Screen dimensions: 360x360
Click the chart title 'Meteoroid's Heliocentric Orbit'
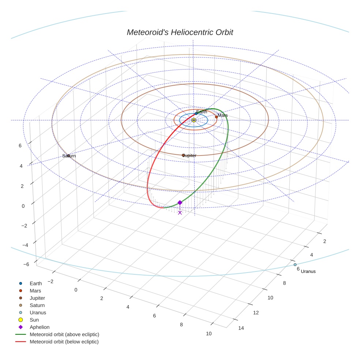180,32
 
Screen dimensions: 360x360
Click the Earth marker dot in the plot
196,114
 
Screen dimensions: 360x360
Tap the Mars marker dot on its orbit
216,117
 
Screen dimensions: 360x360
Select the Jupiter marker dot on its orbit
183,155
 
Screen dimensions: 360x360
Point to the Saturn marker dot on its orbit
68,156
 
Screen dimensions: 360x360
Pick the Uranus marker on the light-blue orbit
295,265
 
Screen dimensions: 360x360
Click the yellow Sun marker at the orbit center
194,120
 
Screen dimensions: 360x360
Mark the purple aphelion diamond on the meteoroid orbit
180,203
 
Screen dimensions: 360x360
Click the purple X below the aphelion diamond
180,213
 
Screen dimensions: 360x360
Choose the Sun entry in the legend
34,320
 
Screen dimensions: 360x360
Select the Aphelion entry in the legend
40,327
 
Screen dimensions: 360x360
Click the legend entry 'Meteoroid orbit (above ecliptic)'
64,334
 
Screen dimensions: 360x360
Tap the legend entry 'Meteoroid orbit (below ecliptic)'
64,342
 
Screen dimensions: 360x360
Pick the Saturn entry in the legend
37,305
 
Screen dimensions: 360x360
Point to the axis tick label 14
241,328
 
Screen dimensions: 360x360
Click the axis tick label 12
256,312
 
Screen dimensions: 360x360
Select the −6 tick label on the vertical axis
26,264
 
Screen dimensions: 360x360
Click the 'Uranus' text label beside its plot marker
308,271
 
